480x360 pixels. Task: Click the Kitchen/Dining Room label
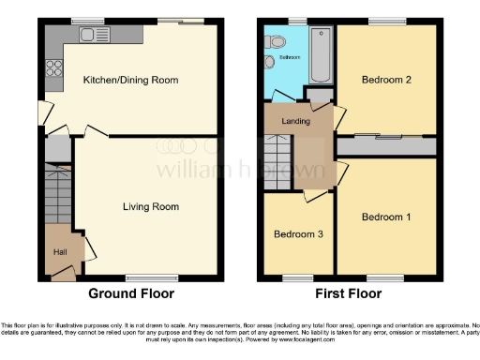click(x=130, y=81)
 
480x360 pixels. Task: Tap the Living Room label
click(x=150, y=206)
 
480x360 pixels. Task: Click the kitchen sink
click(x=93, y=37)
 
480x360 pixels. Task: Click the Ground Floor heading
click(x=131, y=293)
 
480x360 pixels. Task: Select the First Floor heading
click(x=349, y=293)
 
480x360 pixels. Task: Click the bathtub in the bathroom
click(x=321, y=55)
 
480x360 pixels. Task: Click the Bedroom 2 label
click(x=387, y=80)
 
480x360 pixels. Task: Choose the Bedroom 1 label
click(x=387, y=217)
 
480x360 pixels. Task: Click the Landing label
click(x=296, y=121)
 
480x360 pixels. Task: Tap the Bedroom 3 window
click(x=298, y=277)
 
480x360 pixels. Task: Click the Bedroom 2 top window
click(x=383, y=22)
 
